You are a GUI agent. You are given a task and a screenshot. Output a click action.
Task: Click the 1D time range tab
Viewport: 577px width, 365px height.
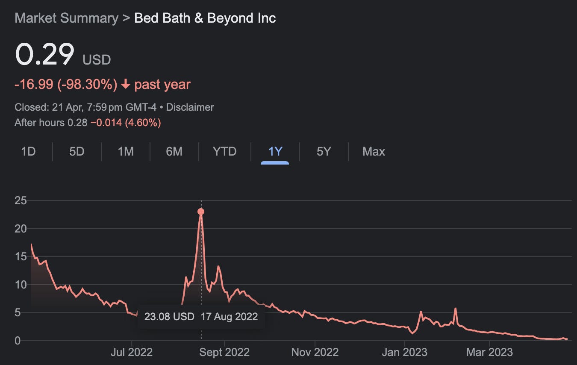click(28, 152)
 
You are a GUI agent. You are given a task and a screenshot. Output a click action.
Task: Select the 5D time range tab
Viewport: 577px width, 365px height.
click(77, 152)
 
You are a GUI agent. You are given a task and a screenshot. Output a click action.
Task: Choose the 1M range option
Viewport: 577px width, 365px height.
click(126, 152)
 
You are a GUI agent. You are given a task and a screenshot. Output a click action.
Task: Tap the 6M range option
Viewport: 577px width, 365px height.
click(174, 152)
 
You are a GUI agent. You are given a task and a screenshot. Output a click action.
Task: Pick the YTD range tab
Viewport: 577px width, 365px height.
click(224, 152)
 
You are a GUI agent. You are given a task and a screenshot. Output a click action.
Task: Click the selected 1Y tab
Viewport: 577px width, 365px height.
click(275, 152)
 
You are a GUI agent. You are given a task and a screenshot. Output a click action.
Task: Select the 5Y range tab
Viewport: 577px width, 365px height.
click(324, 152)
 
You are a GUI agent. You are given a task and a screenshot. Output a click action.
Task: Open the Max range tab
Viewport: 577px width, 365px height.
click(374, 152)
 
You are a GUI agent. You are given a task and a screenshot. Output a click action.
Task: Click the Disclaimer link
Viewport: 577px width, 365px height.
click(190, 107)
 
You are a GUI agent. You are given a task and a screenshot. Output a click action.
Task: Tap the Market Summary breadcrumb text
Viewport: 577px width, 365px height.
click(66, 18)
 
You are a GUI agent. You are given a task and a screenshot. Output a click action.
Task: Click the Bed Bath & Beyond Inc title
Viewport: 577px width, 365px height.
click(205, 18)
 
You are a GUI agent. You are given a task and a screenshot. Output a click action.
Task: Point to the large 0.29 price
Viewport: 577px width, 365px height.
click(44, 55)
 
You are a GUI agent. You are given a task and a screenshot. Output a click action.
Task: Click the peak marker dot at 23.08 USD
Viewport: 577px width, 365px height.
click(201, 212)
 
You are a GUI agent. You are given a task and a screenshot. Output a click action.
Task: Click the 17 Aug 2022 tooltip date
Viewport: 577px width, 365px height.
click(229, 317)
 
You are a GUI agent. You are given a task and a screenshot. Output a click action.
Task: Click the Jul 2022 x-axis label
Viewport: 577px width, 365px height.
click(132, 352)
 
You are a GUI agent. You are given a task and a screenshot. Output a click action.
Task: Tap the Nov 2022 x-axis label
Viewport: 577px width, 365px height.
click(315, 352)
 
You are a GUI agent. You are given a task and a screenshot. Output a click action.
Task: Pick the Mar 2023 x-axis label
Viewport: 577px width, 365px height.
click(489, 352)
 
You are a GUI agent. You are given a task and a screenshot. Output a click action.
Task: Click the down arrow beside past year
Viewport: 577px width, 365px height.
click(126, 85)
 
